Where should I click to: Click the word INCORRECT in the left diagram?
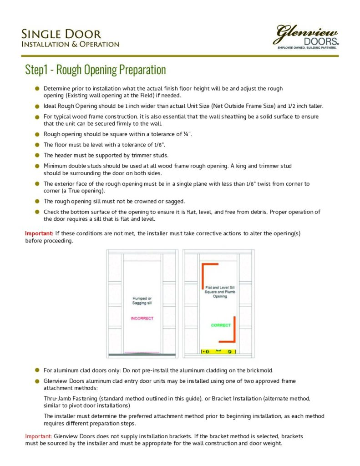tap(142, 318)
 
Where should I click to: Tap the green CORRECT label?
tap(221, 325)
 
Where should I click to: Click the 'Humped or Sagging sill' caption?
tap(142, 300)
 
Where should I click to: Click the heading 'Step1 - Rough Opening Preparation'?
tap(95, 70)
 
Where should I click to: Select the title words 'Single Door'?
tap(61, 34)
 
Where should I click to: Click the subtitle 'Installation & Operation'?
tap(70, 45)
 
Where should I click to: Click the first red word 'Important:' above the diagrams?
tap(39, 233)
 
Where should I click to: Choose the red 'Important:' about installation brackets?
tap(39, 436)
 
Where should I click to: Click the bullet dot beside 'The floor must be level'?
tap(37, 145)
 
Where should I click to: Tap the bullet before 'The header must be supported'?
tap(37, 155)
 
